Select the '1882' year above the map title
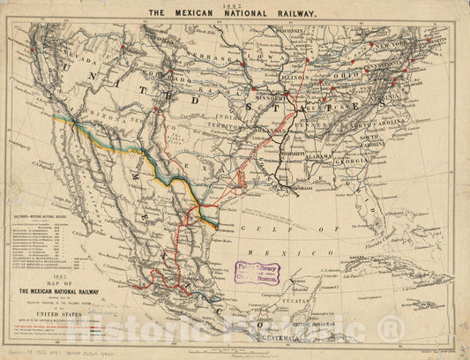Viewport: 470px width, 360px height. pos(235,4)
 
